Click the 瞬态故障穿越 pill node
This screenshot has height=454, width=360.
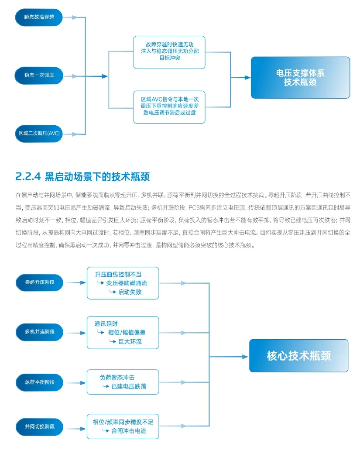click(x=38, y=17)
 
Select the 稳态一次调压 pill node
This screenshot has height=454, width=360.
click(x=38, y=76)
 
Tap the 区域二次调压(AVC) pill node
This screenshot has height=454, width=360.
click(x=38, y=133)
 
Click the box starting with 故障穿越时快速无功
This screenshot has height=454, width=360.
click(x=169, y=52)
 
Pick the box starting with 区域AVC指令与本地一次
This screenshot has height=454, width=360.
click(x=169, y=106)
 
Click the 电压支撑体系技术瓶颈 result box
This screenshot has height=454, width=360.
click(x=300, y=77)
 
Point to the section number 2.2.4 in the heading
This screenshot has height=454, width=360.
click(x=28, y=176)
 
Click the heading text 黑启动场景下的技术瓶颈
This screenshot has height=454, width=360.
click(x=97, y=176)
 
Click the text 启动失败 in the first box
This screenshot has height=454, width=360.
click(x=130, y=292)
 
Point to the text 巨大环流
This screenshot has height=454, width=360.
click(x=130, y=341)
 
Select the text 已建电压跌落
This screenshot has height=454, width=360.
click(x=129, y=386)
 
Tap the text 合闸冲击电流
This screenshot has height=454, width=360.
click(x=129, y=431)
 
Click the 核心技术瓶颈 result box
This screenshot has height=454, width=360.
click(x=299, y=355)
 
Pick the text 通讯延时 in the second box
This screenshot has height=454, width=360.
click(x=106, y=323)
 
